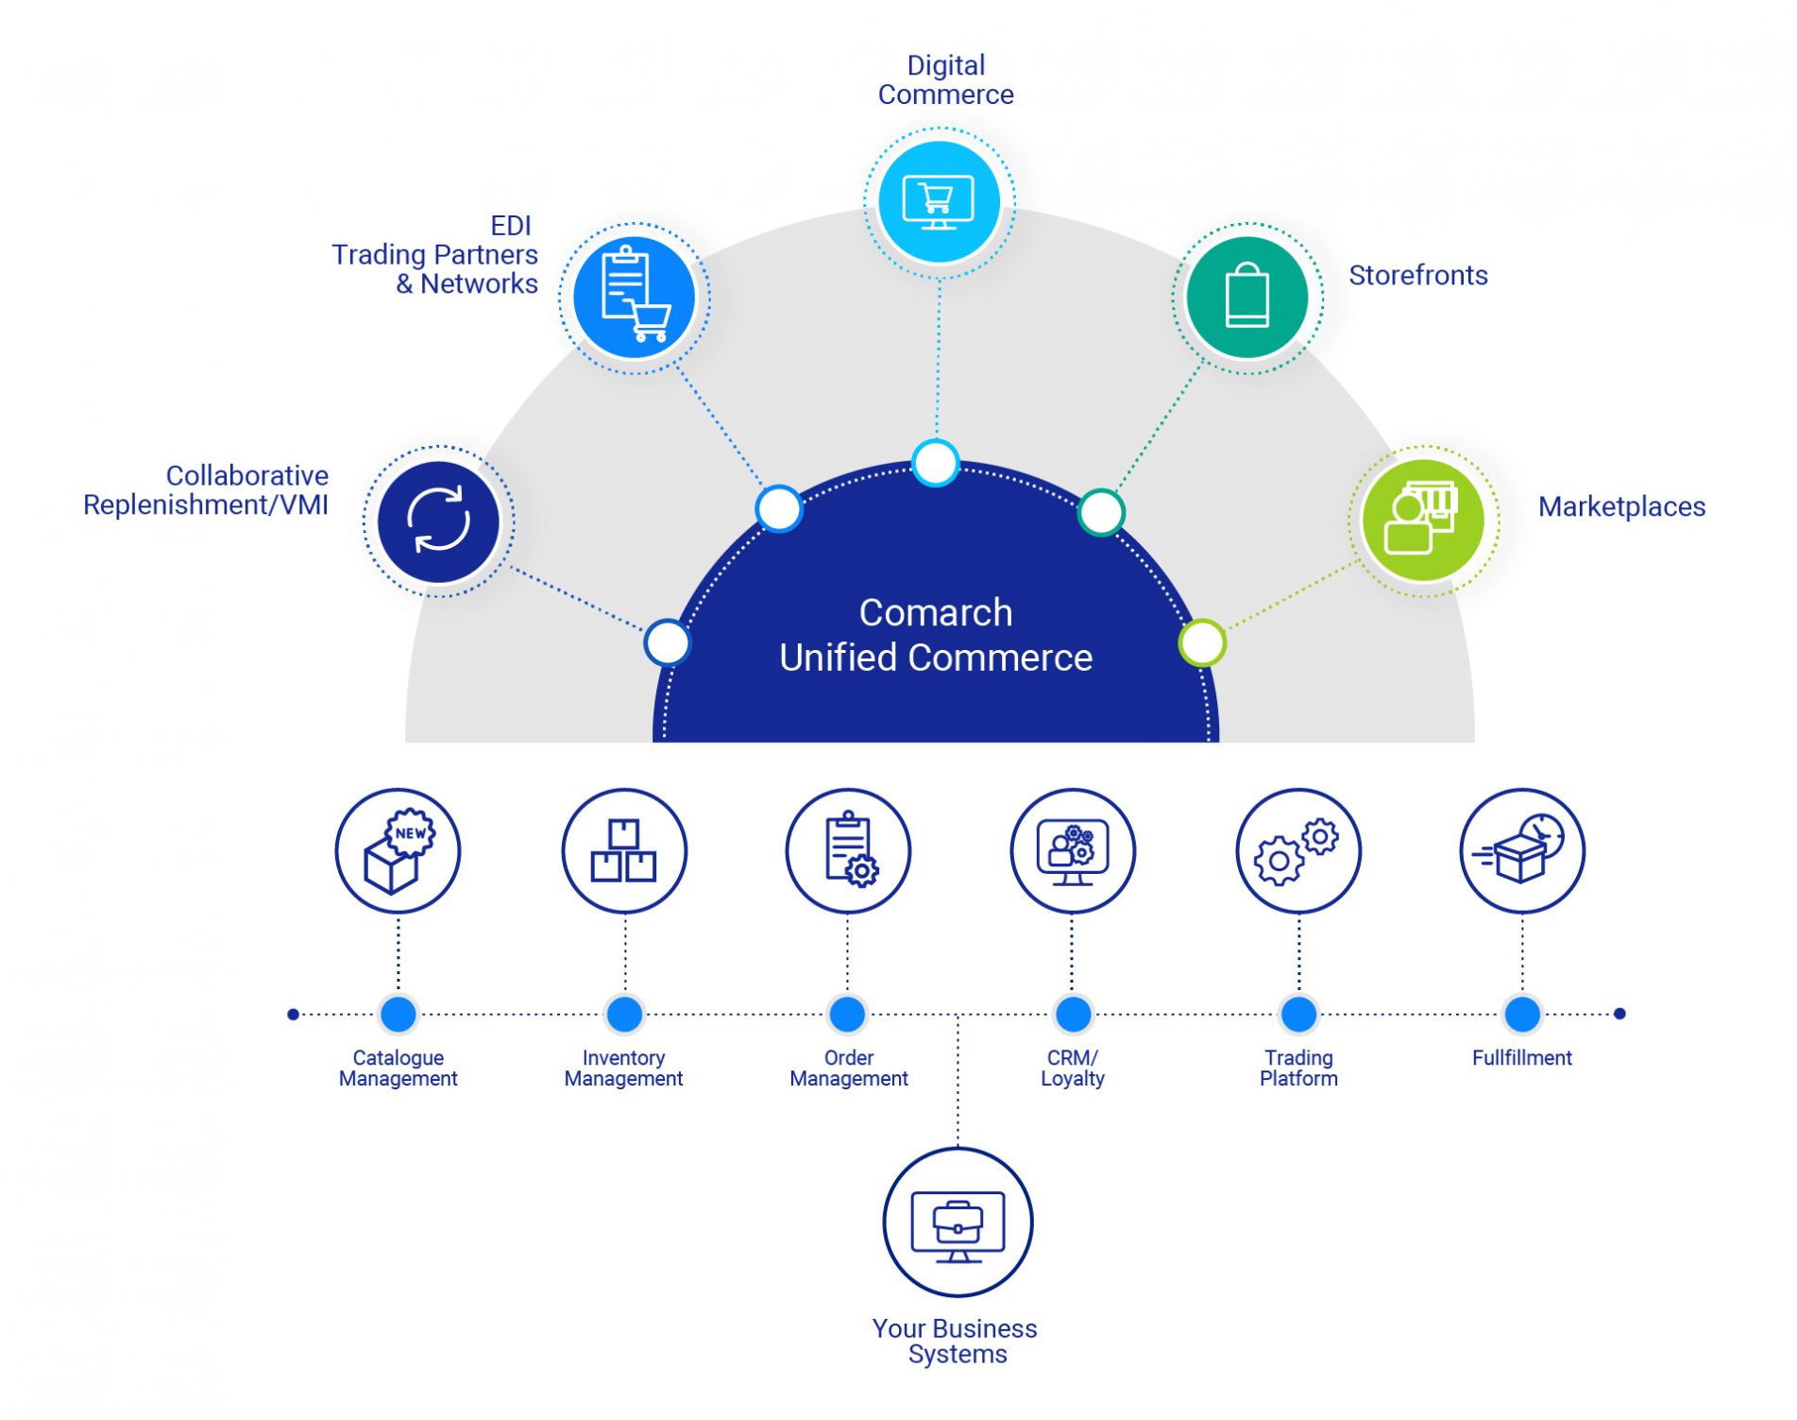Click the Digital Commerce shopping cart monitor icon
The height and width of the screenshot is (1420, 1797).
pos(939,202)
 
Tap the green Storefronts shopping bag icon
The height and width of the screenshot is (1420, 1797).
pos(1246,298)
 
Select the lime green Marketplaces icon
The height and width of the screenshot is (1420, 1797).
pos(1422,521)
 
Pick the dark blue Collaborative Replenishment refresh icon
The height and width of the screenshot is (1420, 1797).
pos(438,521)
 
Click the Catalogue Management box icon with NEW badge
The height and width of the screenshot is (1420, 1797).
pos(398,850)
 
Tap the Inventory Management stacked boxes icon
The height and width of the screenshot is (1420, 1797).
pos(623,850)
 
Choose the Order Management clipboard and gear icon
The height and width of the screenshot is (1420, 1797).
pos(848,850)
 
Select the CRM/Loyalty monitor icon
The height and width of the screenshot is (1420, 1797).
pos(1073,850)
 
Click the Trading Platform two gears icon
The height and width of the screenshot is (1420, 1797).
pos(1298,850)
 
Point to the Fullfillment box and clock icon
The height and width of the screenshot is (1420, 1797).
pos(1522,850)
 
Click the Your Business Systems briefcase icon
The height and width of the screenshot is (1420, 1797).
pos(958,1222)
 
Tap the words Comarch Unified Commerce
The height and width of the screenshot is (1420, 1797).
pos(936,635)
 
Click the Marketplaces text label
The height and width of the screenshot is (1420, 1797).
pos(1621,506)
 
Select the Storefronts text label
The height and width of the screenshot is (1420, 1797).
pos(1417,275)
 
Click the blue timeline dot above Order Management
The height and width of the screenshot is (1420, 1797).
pos(847,1014)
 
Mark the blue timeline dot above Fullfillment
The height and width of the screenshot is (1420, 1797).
pos(1522,1014)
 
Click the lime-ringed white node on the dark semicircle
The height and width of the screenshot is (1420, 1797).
pos(1202,643)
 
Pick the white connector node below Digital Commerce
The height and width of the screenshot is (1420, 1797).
pos(936,463)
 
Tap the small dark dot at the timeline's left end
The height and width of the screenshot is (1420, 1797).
pos(293,1014)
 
